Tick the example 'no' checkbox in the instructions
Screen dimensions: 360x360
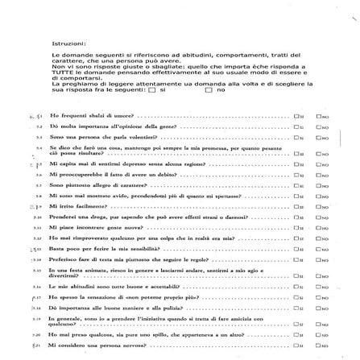tap(209, 89)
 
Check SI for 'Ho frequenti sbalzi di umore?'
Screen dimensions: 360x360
tap(296, 116)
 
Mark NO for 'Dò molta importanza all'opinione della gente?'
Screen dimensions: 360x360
tap(318, 127)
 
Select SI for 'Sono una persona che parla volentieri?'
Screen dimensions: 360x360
tap(296, 138)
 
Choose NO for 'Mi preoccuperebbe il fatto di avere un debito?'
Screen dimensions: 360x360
tap(318, 173)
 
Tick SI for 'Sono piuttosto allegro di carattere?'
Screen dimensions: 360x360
tap(296, 184)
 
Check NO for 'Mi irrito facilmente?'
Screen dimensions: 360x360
tap(318, 205)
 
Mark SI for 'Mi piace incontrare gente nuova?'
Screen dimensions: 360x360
tap(296, 228)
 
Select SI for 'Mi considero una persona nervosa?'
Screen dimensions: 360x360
tap(296, 344)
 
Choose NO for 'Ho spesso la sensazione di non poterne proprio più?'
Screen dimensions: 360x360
tap(318, 297)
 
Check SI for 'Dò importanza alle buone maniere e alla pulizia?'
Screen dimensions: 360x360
tap(296, 308)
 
